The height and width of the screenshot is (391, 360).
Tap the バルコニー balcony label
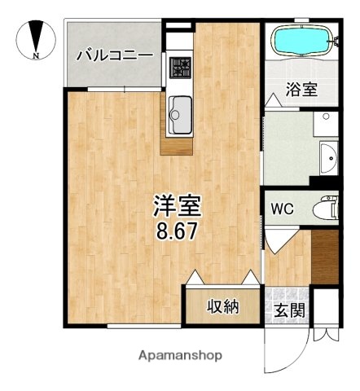[115, 55]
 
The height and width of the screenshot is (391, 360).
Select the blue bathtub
[301, 41]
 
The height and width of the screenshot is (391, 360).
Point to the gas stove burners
[179, 66]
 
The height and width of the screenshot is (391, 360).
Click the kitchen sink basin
[180, 114]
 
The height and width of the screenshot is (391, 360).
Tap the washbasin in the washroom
[327, 155]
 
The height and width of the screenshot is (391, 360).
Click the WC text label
[283, 209]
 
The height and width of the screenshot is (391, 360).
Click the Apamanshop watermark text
[180, 356]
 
